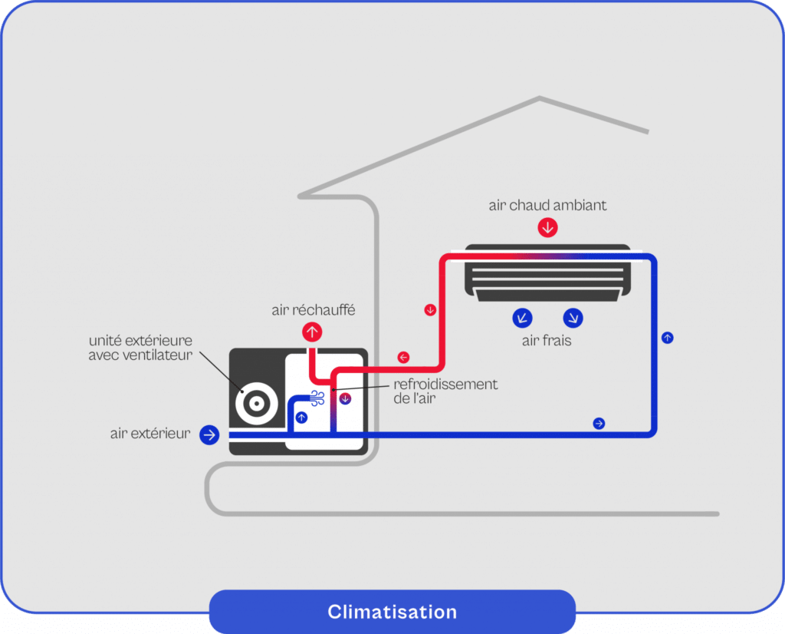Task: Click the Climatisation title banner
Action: click(x=392, y=612)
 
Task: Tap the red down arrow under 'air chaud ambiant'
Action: click(x=547, y=227)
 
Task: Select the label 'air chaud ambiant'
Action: click(x=547, y=205)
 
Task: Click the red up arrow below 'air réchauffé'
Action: click(x=312, y=332)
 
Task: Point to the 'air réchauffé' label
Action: click(x=314, y=310)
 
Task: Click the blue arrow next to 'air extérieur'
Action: click(x=209, y=434)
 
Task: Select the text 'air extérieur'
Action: click(x=150, y=433)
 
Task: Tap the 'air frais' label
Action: click(x=547, y=341)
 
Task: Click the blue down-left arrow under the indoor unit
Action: click(x=522, y=318)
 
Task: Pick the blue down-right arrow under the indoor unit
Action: click(x=573, y=318)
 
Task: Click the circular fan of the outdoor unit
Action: click(x=257, y=403)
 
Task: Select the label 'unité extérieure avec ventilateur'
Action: click(x=140, y=348)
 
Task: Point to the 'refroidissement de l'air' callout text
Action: click(x=445, y=391)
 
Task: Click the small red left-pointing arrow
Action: click(x=403, y=358)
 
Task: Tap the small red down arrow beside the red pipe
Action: click(x=430, y=310)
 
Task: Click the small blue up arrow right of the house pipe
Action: click(x=668, y=338)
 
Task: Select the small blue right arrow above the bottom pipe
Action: click(x=599, y=424)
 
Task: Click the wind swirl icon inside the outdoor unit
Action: click(x=317, y=398)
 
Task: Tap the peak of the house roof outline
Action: click(x=540, y=97)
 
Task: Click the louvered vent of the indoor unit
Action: click(x=547, y=273)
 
